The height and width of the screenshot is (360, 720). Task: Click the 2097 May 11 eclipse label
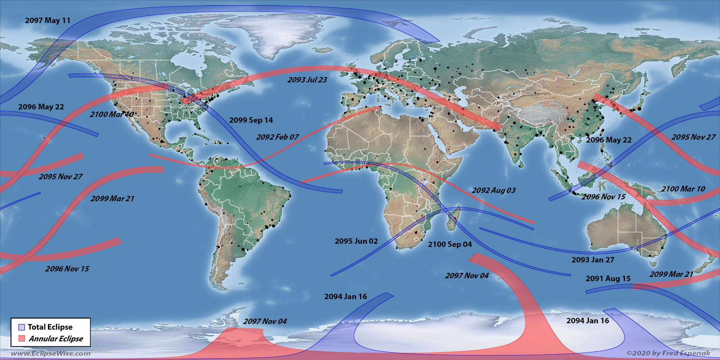click(x=48, y=21)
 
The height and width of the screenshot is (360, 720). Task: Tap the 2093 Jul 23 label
click(x=307, y=80)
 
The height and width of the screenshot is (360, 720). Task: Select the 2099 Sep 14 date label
click(x=251, y=120)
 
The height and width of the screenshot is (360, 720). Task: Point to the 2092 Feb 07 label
click(x=277, y=137)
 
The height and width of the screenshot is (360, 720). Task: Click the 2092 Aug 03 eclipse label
click(x=494, y=190)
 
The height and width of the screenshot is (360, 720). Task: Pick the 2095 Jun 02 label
click(x=356, y=241)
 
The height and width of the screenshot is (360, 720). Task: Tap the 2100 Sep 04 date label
click(x=450, y=244)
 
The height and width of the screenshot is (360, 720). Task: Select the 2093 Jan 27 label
click(x=593, y=260)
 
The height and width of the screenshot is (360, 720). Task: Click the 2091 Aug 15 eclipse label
click(x=608, y=279)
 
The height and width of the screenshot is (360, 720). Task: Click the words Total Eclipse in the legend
click(x=50, y=327)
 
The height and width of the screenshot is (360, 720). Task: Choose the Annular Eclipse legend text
click(x=56, y=339)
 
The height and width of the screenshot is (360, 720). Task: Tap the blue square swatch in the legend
click(x=22, y=327)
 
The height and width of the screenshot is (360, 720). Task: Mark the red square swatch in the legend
click(x=22, y=338)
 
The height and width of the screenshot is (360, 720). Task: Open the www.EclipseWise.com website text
click(x=50, y=354)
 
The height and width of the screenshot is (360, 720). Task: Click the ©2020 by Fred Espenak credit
click(x=668, y=353)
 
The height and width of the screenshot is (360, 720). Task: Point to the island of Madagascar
click(x=453, y=219)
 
